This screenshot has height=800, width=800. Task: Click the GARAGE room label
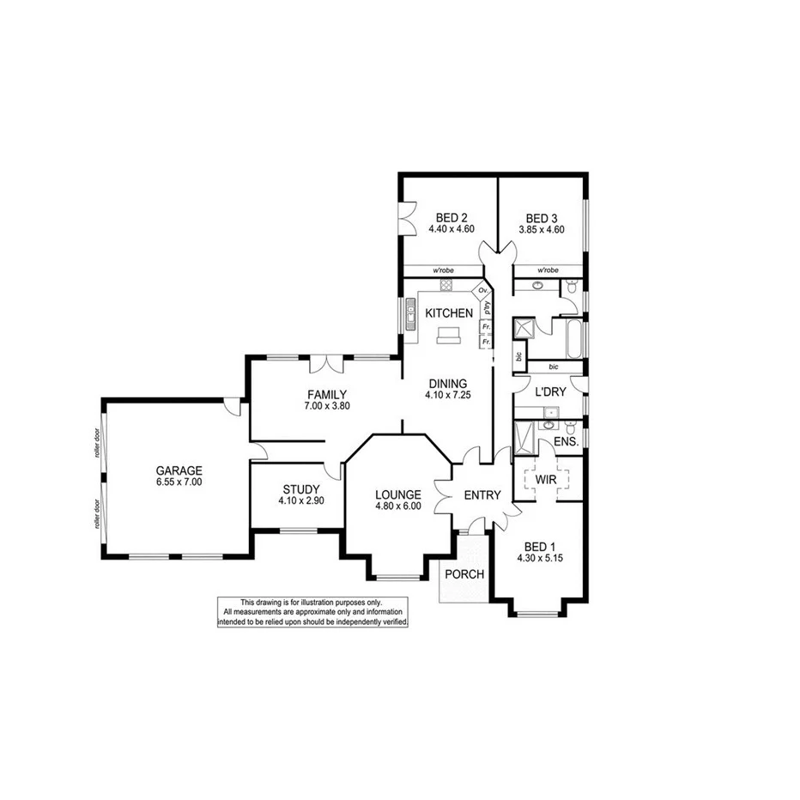pyautogui.click(x=179, y=470)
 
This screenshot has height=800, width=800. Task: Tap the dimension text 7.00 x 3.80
pyautogui.click(x=327, y=406)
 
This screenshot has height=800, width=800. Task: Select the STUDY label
pyautogui.click(x=300, y=489)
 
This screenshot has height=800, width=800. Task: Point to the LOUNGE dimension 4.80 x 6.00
pyautogui.click(x=397, y=506)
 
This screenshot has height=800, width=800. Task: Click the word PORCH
pyautogui.click(x=464, y=574)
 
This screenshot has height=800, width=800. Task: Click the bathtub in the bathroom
pyautogui.click(x=571, y=337)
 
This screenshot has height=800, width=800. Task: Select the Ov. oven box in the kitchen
pyautogui.click(x=483, y=291)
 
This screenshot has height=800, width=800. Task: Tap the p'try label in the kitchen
pyautogui.click(x=486, y=306)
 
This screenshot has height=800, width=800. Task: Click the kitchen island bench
pyautogui.click(x=448, y=336)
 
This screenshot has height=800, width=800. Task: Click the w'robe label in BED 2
pyautogui.click(x=445, y=270)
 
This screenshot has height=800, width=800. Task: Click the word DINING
pyautogui.click(x=446, y=384)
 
